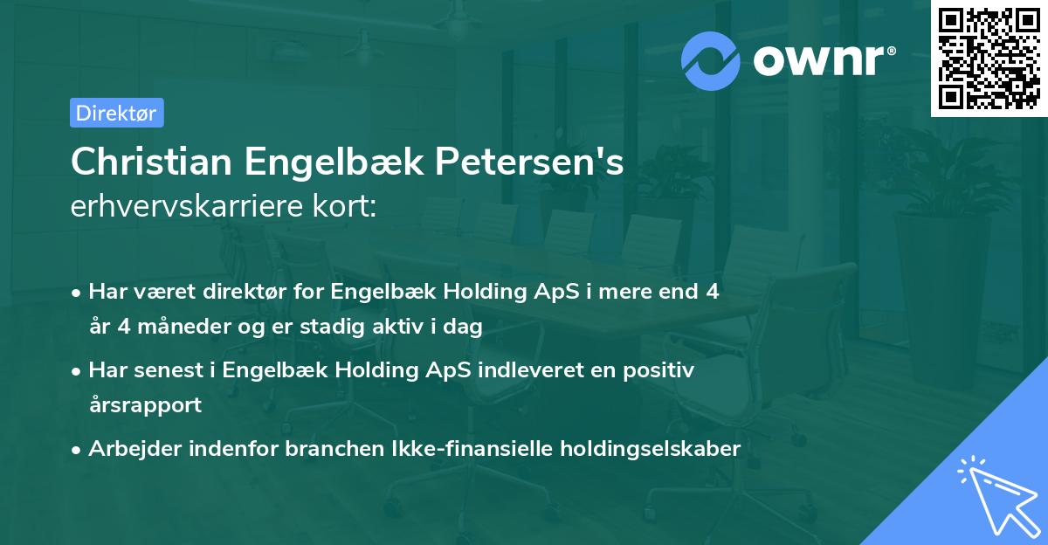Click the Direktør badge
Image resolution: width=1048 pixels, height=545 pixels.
[116, 113]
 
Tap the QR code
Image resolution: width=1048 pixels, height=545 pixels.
[988, 58]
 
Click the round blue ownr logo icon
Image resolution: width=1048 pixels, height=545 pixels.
[711, 59]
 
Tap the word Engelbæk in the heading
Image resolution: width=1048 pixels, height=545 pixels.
[327, 162]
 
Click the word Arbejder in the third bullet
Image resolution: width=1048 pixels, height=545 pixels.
[130, 449]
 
